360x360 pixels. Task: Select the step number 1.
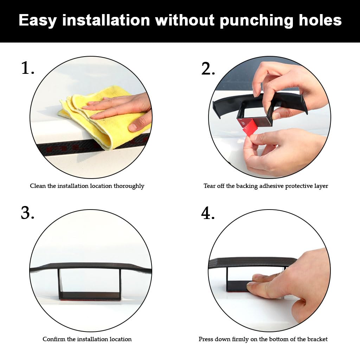(x=28, y=68)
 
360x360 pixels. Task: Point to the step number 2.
(x=208, y=68)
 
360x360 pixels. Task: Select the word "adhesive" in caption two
(x=271, y=186)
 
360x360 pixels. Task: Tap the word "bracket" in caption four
(x=317, y=339)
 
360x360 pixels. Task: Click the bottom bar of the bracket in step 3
(x=90, y=296)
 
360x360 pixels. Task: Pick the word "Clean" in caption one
(x=38, y=186)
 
